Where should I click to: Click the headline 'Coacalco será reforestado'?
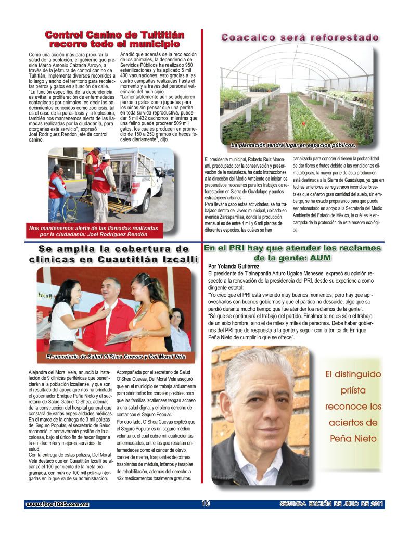click(x=300, y=37)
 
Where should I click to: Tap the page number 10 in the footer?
click(x=205, y=503)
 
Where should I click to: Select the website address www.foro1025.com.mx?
click(x=58, y=504)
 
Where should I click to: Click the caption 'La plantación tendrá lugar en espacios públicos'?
click(x=293, y=145)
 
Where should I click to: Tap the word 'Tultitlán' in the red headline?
click(x=156, y=35)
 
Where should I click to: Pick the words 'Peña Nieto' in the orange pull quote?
click(x=353, y=438)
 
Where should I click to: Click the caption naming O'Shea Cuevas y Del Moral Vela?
click(x=112, y=357)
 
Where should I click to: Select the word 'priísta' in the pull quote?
click(x=353, y=390)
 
